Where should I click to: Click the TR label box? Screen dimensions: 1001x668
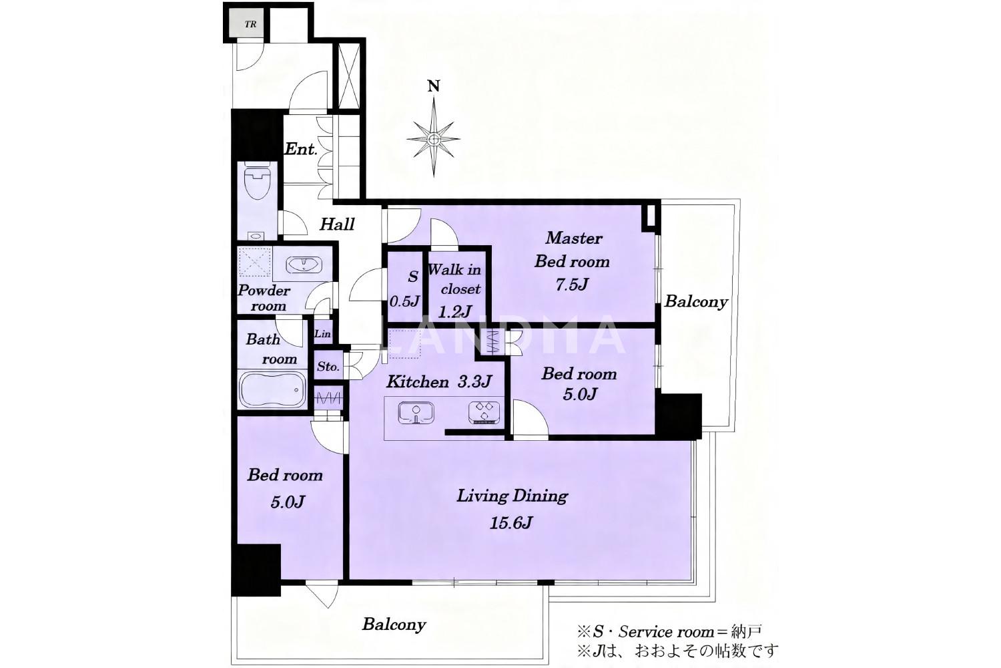click(x=250, y=24)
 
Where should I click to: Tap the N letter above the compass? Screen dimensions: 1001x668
click(x=434, y=86)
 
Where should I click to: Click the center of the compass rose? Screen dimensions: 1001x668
click(x=434, y=140)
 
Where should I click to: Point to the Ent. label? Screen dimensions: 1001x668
click(x=301, y=149)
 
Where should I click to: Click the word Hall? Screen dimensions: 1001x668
click(x=337, y=224)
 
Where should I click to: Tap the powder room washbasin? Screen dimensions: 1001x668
click(x=304, y=265)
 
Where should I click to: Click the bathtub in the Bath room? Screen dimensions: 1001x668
click(x=272, y=389)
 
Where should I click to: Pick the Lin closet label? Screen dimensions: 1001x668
click(x=322, y=334)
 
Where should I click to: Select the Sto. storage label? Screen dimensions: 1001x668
click(x=328, y=367)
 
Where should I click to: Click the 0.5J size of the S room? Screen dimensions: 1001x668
click(x=404, y=301)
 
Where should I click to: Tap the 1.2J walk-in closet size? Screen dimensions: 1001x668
click(x=455, y=311)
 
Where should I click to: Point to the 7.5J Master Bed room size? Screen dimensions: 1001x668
click(x=571, y=285)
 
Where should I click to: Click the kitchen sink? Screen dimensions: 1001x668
click(x=416, y=413)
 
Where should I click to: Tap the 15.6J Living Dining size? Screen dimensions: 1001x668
click(x=511, y=522)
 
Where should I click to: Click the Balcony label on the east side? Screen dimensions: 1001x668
click(x=696, y=302)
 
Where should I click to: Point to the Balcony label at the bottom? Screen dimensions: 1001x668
click(x=394, y=625)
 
